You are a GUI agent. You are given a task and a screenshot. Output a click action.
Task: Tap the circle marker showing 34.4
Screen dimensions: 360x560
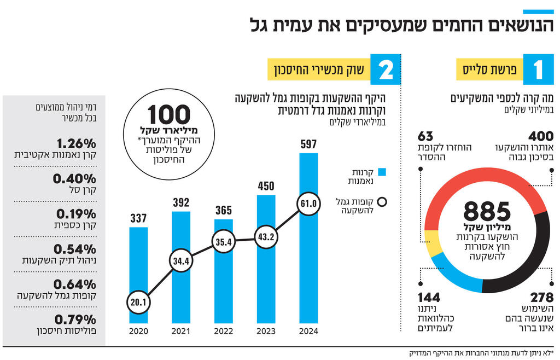click(181, 260)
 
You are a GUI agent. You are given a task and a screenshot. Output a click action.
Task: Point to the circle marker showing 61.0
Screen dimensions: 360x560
click(309, 204)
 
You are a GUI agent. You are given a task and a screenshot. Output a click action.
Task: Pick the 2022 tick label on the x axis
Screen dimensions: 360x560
click(224, 332)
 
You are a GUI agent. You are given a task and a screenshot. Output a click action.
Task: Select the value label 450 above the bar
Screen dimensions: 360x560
click(266, 186)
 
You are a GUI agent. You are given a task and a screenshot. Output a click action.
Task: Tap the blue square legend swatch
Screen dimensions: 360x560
click(382, 172)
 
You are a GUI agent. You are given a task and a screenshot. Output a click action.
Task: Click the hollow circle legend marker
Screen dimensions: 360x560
click(382, 202)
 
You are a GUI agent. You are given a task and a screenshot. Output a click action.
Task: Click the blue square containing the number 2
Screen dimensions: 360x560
click(386, 69)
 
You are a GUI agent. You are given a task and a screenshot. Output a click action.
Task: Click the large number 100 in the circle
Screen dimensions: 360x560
click(169, 115)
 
